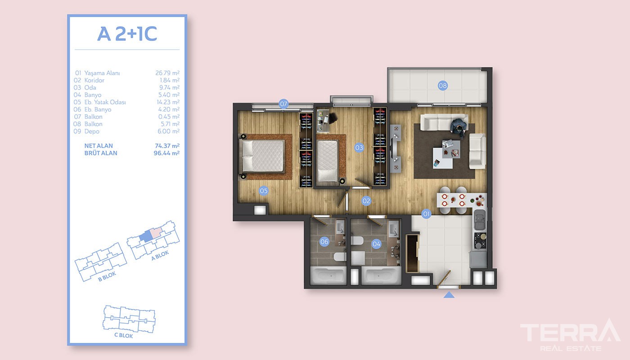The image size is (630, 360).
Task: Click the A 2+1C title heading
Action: (x=127, y=34)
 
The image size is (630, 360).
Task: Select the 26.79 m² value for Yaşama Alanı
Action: (x=167, y=73)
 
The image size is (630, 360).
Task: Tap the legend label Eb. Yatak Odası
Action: (x=105, y=102)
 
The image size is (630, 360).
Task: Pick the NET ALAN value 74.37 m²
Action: (x=167, y=146)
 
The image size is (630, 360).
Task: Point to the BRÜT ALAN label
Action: (x=101, y=153)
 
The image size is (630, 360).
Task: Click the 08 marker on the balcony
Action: (x=443, y=85)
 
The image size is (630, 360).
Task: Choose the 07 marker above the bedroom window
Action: (x=283, y=104)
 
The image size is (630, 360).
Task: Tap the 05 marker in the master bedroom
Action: (x=264, y=191)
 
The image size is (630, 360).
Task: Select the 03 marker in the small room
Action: (x=359, y=148)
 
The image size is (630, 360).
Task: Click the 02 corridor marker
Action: (x=366, y=201)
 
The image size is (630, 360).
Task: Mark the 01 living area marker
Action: (x=427, y=214)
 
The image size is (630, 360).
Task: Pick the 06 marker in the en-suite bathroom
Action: (x=324, y=242)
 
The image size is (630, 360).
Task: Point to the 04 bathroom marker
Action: (x=376, y=244)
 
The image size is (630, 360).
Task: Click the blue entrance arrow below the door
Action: (x=449, y=295)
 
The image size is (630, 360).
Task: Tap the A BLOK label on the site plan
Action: (x=160, y=256)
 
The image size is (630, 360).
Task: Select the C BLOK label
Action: (x=123, y=335)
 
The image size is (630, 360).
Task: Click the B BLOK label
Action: (x=107, y=277)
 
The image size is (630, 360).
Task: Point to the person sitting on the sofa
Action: (x=458, y=127)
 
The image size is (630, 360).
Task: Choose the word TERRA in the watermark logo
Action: (x=570, y=332)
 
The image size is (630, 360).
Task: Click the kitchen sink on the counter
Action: (x=480, y=220)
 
